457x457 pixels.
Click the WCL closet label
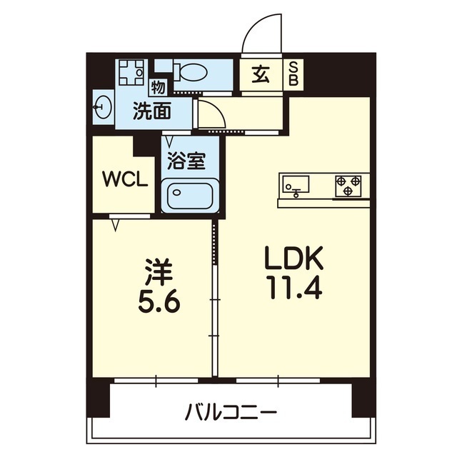(125, 179)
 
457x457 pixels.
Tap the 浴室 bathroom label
(186, 161)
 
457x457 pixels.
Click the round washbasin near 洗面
(102, 109)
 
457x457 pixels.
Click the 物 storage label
(159, 87)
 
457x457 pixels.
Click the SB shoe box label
(293, 74)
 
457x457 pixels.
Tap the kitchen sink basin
(295, 186)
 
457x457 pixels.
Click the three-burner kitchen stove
(350, 185)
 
